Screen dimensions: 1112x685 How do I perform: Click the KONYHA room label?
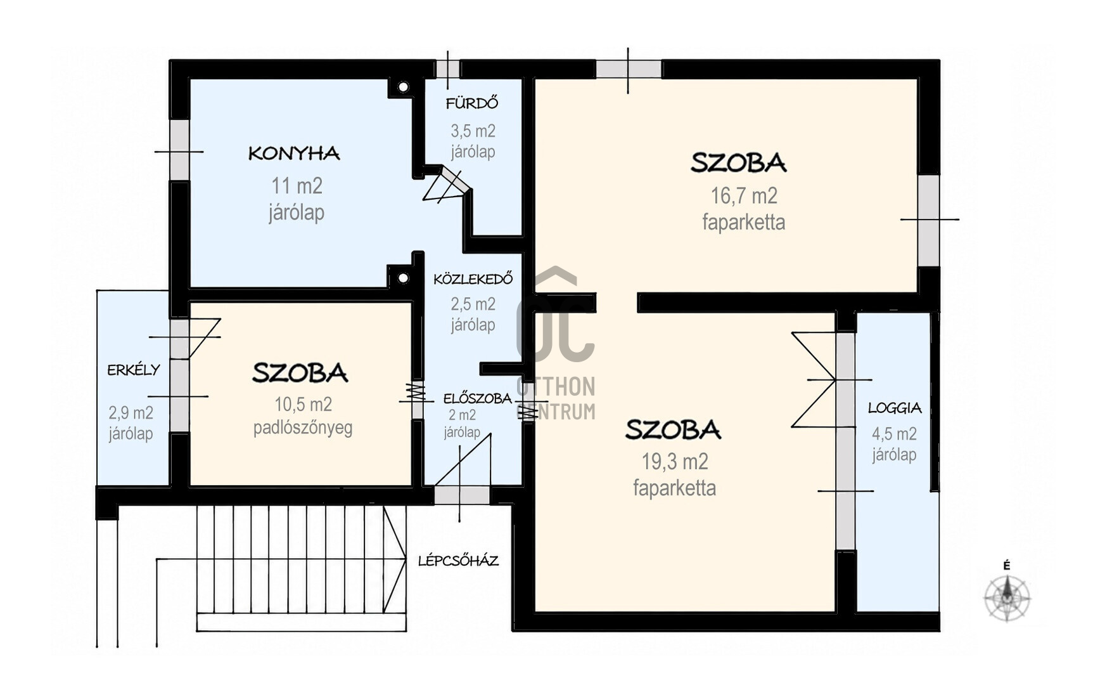[294, 153]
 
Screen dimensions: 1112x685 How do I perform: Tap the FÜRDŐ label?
[472, 103]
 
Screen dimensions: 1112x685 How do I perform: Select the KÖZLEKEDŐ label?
[473, 278]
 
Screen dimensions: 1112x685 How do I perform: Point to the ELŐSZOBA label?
[477, 398]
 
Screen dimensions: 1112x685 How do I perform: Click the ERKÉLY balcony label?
[134, 370]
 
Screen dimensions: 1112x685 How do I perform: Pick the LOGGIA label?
[895, 408]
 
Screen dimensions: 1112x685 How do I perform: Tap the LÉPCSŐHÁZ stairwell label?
[458, 561]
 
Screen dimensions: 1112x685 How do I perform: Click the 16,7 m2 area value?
[744, 196]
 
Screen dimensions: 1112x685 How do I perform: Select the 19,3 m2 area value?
[675, 462]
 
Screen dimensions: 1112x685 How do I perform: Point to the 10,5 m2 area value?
[303, 404]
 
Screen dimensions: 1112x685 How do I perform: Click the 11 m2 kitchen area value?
[297, 186]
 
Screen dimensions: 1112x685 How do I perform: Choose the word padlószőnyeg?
[303, 428]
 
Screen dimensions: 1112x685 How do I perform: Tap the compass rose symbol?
[1007, 597]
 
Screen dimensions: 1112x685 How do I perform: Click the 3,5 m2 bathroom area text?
[473, 131]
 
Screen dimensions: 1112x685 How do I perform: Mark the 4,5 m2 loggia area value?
[894, 434]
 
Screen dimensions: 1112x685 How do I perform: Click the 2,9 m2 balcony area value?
[131, 413]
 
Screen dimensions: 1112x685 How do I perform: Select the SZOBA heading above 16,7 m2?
[738, 163]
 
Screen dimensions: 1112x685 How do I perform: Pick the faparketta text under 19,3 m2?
[675, 488]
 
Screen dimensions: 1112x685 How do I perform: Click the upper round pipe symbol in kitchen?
[403, 87]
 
